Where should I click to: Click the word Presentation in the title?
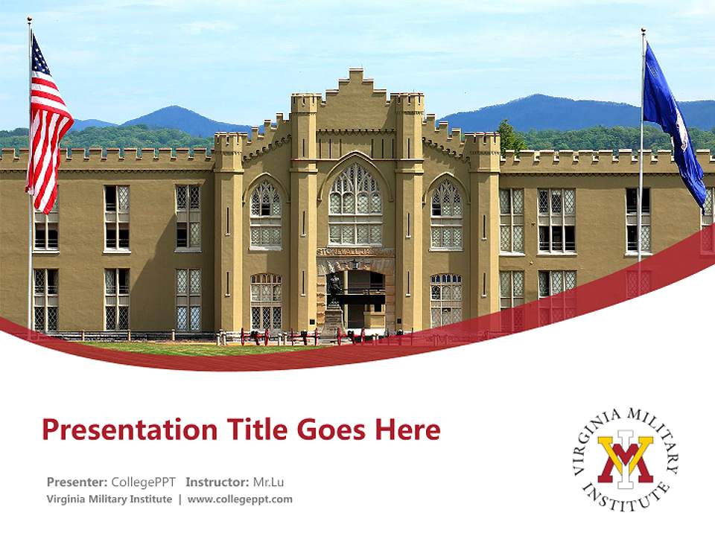[x=121, y=430]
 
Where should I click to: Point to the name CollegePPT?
[x=143, y=482]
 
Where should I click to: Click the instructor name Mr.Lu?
[x=268, y=482]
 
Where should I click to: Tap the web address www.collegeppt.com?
[x=240, y=499]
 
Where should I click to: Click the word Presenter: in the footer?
[x=77, y=482]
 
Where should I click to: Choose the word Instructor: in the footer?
[x=217, y=482]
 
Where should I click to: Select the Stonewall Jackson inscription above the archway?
[x=355, y=252]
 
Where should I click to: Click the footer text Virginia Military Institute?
[x=109, y=499]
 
